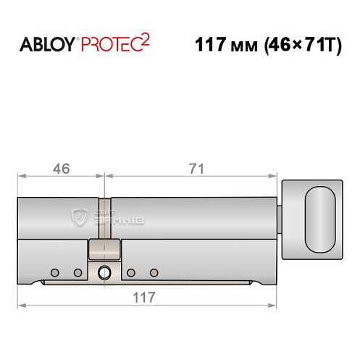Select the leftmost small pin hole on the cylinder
coord(54,272)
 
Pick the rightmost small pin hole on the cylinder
coord(154,272)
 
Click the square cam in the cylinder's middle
coord(104,249)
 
